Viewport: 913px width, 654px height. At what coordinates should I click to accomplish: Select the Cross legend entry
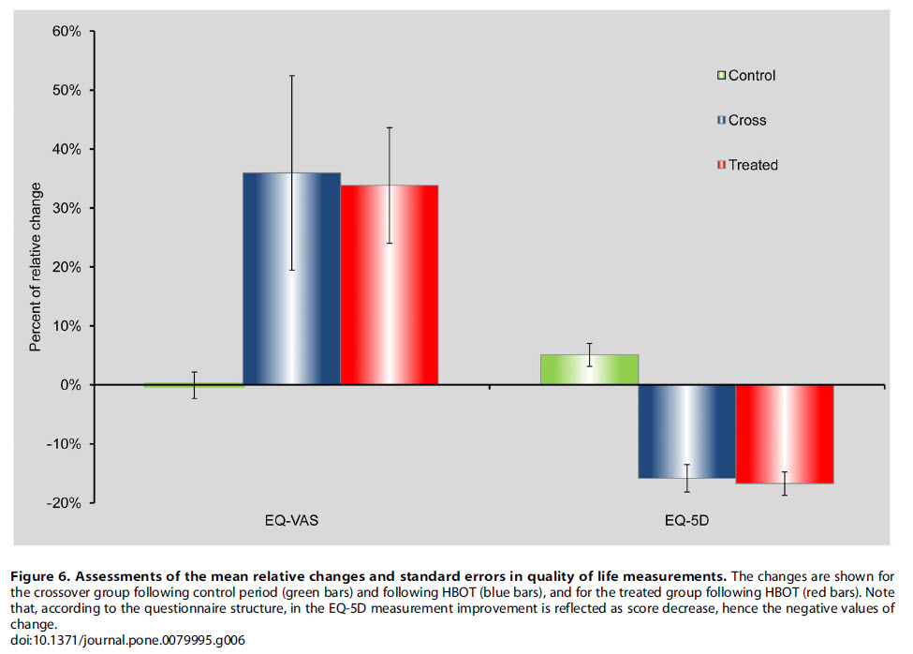coord(741,120)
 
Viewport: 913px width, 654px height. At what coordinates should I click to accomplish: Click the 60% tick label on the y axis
coord(66,32)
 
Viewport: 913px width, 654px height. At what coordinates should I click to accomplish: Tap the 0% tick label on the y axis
coord(71,385)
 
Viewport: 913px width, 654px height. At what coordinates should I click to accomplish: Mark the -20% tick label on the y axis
coord(64,503)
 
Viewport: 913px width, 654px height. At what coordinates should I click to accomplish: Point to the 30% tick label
coord(66,208)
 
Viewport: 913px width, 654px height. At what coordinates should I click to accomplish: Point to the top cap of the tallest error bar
coord(292,75)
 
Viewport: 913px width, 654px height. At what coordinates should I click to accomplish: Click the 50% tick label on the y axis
coord(66,91)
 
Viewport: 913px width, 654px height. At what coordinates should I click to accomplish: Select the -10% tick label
coord(64,444)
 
